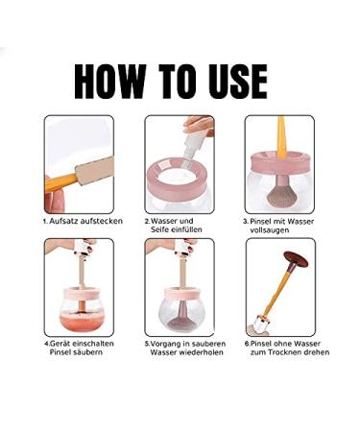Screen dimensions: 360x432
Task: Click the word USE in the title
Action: tap(238, 82)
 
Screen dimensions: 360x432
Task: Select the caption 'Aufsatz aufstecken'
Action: tap(85, 221)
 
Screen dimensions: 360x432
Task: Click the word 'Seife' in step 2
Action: tap(159, 229)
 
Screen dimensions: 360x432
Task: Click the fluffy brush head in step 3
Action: tap(279, 195)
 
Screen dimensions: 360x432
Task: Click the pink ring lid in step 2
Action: tap(179, 179)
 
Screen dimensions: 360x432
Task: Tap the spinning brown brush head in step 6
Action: tap(296, 258)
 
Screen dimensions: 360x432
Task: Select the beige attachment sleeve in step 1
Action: tap(94, 171)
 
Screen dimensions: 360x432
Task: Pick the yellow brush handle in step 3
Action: tap(281, 137)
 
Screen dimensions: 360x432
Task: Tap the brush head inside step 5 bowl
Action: tap(182, 324)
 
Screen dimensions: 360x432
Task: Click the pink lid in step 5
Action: tap(181, 294)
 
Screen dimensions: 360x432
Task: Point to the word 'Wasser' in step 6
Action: tap(307, 344)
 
